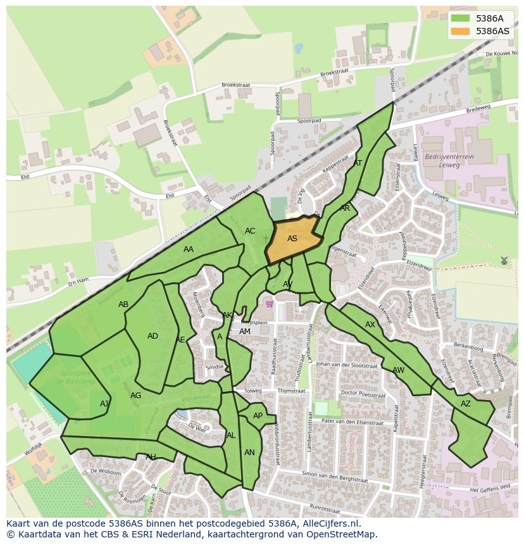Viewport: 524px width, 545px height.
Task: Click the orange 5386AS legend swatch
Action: click(x=461, y=31)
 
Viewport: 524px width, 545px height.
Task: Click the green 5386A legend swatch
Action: click(x=461, y=19)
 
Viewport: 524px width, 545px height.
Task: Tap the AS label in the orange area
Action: click(x=292, y=239)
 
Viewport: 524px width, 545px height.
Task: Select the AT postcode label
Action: click(x=358, y=163)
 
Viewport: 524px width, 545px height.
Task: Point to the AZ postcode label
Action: click(x=466, y=404)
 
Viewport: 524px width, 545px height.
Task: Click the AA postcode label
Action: click(x=189, y=249)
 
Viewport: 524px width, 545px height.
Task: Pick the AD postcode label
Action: click(x=153, y=336)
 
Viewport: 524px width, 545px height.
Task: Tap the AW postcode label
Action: click(x=398, y=370)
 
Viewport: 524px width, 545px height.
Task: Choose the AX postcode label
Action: click(x=370, y=325)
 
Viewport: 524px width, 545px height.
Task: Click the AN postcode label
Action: click(x=249, y=453)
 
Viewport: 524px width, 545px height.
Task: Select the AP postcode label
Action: click(x=258, y=416)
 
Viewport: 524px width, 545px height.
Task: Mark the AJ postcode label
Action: click(x=104, y=404)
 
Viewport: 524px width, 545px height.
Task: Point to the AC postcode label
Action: click(x=250, y=231)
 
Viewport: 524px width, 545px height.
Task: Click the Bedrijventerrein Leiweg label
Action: click(x=449, y=160)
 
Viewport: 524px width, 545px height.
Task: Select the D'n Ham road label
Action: click(x=78, y=281)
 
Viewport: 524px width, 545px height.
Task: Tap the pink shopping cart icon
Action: click(x=270, y=304)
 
